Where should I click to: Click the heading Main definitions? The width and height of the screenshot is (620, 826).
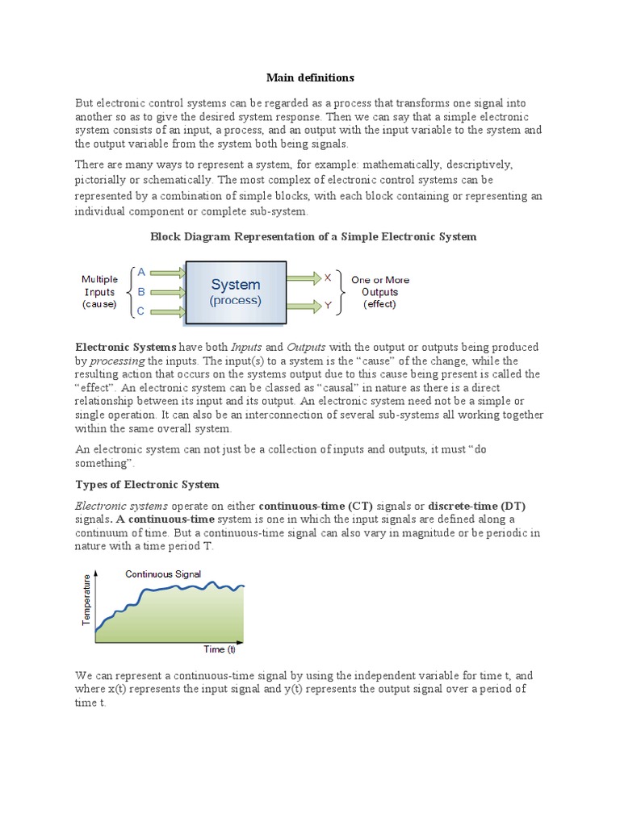pos(310,78)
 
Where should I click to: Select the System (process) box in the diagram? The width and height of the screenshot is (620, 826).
pos(235,292)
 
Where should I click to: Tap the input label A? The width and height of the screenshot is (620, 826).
pos(141,273)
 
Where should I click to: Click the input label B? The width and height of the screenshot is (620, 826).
pos(141,292)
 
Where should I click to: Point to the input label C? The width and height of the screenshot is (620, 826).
pos(141,311)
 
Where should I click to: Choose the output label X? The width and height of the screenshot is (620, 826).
pos(328,277)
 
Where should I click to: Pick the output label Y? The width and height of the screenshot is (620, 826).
pos(328,306)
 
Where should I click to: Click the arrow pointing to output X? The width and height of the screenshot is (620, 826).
pos(304,277)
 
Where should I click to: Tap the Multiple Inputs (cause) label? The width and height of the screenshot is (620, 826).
pos(99,292)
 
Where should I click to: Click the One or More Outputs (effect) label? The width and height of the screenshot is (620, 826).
pos(379,292)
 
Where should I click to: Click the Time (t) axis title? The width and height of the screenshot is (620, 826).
pos(219,649)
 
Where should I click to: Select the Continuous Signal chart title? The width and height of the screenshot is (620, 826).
pos(162,574)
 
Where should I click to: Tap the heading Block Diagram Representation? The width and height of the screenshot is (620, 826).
pos(313,237)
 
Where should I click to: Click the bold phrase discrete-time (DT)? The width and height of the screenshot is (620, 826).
pos(476,506)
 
